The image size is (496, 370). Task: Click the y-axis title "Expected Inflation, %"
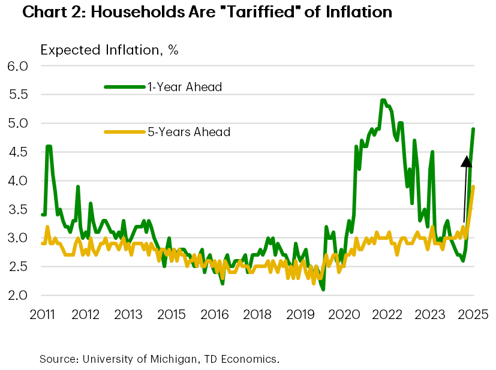pos(109,50)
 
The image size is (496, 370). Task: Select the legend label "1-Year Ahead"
pos(185,87)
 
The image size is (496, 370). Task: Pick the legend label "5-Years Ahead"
pos(189,132)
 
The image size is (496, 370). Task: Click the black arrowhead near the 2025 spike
pos(465,160)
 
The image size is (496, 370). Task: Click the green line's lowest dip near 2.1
pos(323,290)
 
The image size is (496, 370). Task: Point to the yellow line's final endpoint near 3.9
pos(473,186)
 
